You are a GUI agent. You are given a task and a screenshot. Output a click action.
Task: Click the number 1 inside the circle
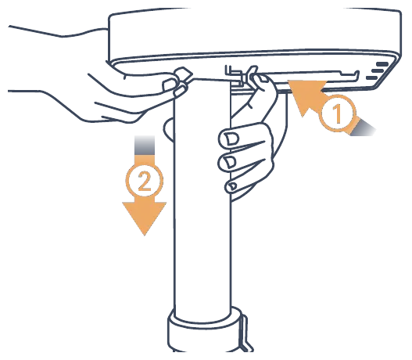click(x=338, y=113)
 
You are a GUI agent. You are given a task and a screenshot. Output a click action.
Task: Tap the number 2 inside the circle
click(x=145, y=181)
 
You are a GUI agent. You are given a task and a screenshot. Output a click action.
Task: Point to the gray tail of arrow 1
click(x=363, y=128)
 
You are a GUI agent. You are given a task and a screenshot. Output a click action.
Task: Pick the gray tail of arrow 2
click(x=145, y=145)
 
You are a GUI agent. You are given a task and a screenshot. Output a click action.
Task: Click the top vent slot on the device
click(x=382, y=64)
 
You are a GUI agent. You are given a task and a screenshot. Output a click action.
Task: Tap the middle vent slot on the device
click(x=378, y=70)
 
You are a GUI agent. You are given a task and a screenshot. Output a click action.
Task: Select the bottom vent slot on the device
click(x=372, y=77)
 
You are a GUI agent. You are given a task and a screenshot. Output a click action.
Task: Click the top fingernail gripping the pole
click(x=232, y=139)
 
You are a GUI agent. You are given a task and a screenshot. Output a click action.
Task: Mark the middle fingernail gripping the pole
click(x=231, y=162)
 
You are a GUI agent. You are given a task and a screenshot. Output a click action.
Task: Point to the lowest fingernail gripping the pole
click(x=231, y=186)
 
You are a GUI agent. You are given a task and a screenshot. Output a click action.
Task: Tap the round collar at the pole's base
click(x=205, y=331)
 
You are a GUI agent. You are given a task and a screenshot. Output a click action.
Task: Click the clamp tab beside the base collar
click(x=245, y=334)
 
